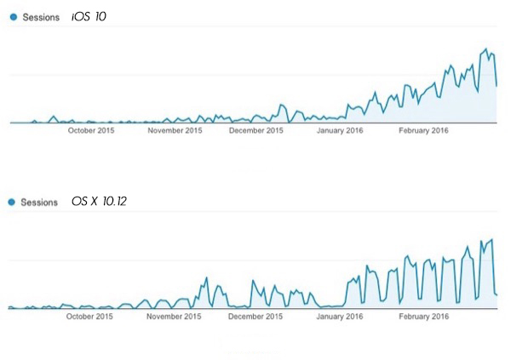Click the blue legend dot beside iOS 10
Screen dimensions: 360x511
click(13, 17)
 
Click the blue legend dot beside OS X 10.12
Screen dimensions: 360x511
click(13, 203)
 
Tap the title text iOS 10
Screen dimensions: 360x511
click(89, 16)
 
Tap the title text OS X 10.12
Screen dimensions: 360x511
click(100, 203)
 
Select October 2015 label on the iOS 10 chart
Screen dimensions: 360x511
click(91, 131)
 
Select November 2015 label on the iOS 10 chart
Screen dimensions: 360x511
click(175, 131)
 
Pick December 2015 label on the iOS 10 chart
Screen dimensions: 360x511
click(256, 131)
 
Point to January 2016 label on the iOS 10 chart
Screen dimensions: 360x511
click(341, 131)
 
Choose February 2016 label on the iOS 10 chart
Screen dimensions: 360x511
click(423, 131)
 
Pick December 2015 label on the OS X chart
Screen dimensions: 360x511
click(256, 317)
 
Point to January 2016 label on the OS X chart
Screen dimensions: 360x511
click(339, 317)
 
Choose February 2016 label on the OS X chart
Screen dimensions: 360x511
click(423, 317)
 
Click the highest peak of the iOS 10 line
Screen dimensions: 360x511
click(485, 49)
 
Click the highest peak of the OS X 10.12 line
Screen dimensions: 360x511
click(492, 239)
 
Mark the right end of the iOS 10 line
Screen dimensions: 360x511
click(497, 86)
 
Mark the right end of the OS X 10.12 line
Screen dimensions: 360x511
click(498, 294)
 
